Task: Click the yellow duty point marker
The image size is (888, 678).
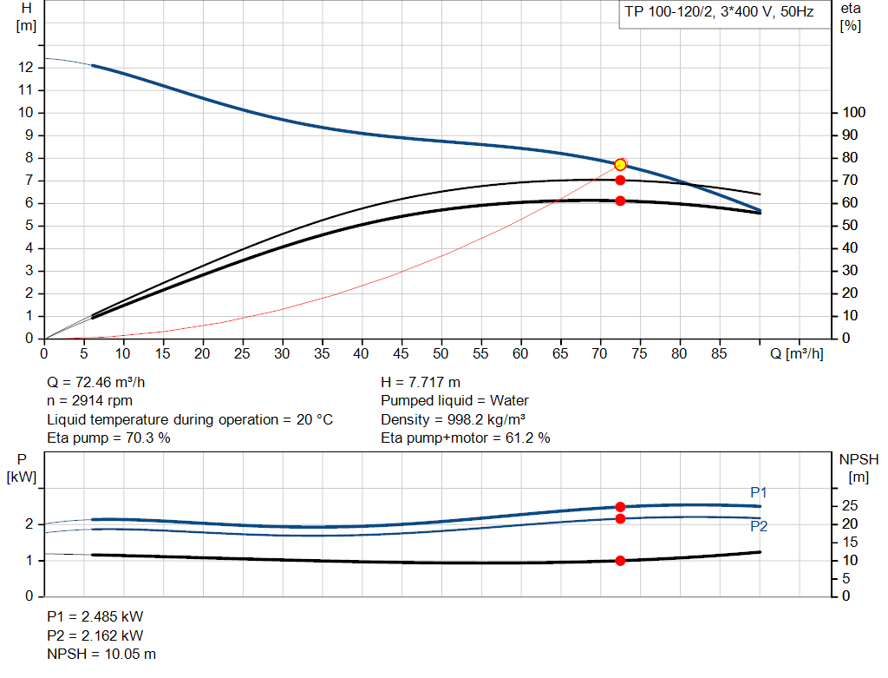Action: click(x=620, y=165)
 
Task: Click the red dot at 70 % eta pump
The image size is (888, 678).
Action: click(x=620, y=180)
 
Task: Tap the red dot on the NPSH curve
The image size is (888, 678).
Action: click(x=620, y=561)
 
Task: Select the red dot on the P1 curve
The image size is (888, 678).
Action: click(x=620, y=507)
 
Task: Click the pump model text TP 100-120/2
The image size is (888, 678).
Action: click(x=667, y=13)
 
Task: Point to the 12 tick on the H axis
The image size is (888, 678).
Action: click(x=26, y=67)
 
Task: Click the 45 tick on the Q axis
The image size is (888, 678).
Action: click(x=401, y=353)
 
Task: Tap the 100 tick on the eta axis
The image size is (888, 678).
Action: click(x=854, y=113)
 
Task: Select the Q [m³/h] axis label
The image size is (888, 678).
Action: click(x=797, y=353)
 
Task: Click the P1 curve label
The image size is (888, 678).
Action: click(x=759, y=493)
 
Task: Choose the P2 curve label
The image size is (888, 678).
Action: click(x=759, y=526)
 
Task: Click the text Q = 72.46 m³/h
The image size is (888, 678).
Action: click(x=102, y=382)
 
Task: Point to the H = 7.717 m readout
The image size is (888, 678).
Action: click(x=421, y=382)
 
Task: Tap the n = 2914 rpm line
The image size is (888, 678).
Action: click(x=90, y=401)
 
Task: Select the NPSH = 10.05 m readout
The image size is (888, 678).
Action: click(x=101, y=654)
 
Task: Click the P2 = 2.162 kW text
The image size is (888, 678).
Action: click(x=95, y=635)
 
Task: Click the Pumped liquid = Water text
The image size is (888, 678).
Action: click(x=454, y=401)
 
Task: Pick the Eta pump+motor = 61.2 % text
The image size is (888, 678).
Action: click(x=465, y=438)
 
